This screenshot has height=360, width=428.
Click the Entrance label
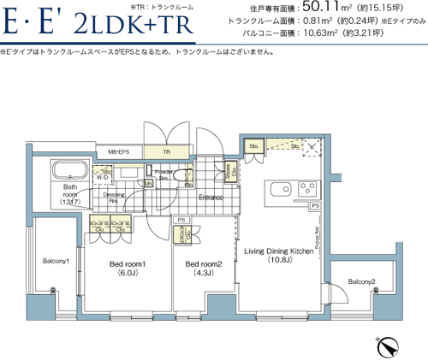pyautogui.click(x=211, y=198)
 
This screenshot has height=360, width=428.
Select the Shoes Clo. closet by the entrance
pyautogui.click(x=229, y=169)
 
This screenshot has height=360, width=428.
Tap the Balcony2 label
pyautogui.click(x=361, y=281)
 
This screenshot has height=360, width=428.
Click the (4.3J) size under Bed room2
pyautogui.click(x=204, y=274)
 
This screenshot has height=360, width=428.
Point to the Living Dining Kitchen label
pyautogui.click(x=279, y=251)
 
